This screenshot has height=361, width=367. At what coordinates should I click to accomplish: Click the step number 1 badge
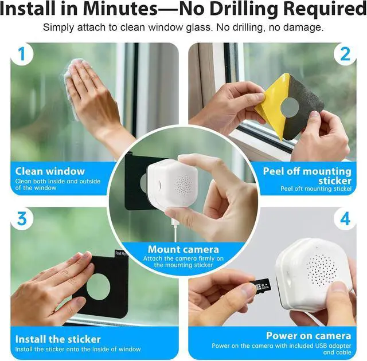(22, 54)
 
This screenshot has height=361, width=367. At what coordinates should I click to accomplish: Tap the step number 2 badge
(345, 54)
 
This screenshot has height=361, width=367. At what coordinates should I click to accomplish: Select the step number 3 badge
(22, 219)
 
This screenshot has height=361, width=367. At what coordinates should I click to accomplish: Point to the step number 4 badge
(345, 219)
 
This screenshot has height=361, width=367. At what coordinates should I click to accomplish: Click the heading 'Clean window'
(50, 171)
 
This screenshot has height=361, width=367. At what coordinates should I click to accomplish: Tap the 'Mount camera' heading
(183, 249)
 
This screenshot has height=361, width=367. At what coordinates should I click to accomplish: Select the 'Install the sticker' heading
(58, 339)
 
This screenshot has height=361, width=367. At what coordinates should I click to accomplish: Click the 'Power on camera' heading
(309, 336)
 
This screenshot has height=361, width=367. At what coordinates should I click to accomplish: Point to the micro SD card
(263, 286)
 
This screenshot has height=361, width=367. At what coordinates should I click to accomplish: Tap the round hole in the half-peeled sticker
(290, 108)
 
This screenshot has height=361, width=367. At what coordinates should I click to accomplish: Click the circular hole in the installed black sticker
(98, 287)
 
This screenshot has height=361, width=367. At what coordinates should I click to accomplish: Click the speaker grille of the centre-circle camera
(184, 185)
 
